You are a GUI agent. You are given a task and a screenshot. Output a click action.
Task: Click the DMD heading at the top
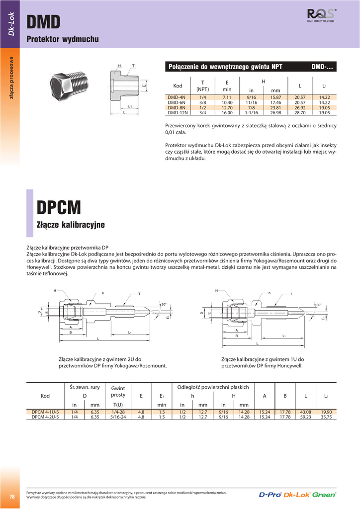click(x=43, y=22)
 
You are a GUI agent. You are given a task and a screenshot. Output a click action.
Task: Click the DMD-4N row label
click(x=177, y=96)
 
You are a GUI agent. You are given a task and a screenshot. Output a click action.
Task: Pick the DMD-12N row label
click(x=178, y=113)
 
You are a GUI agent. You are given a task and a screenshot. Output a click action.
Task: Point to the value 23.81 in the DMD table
click(x=276, y=107)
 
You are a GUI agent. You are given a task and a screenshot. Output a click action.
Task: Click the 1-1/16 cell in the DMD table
click(x=251, y=113)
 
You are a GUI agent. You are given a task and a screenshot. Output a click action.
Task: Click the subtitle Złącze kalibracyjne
click(x=71, y=225)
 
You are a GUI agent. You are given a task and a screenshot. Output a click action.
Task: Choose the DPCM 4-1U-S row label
click(x=45, y=412)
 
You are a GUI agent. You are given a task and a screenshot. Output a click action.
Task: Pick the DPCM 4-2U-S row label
click(x=45, y=418)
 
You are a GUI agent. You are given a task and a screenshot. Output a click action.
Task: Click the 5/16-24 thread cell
click(x=118, y=418)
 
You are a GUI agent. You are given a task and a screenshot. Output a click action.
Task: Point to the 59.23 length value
click(x=306, y=418)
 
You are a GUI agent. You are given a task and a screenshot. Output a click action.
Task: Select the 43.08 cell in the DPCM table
click(x=306, y=412)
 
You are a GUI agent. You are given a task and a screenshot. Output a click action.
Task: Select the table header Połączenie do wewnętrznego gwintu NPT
click(x=226, y=67)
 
